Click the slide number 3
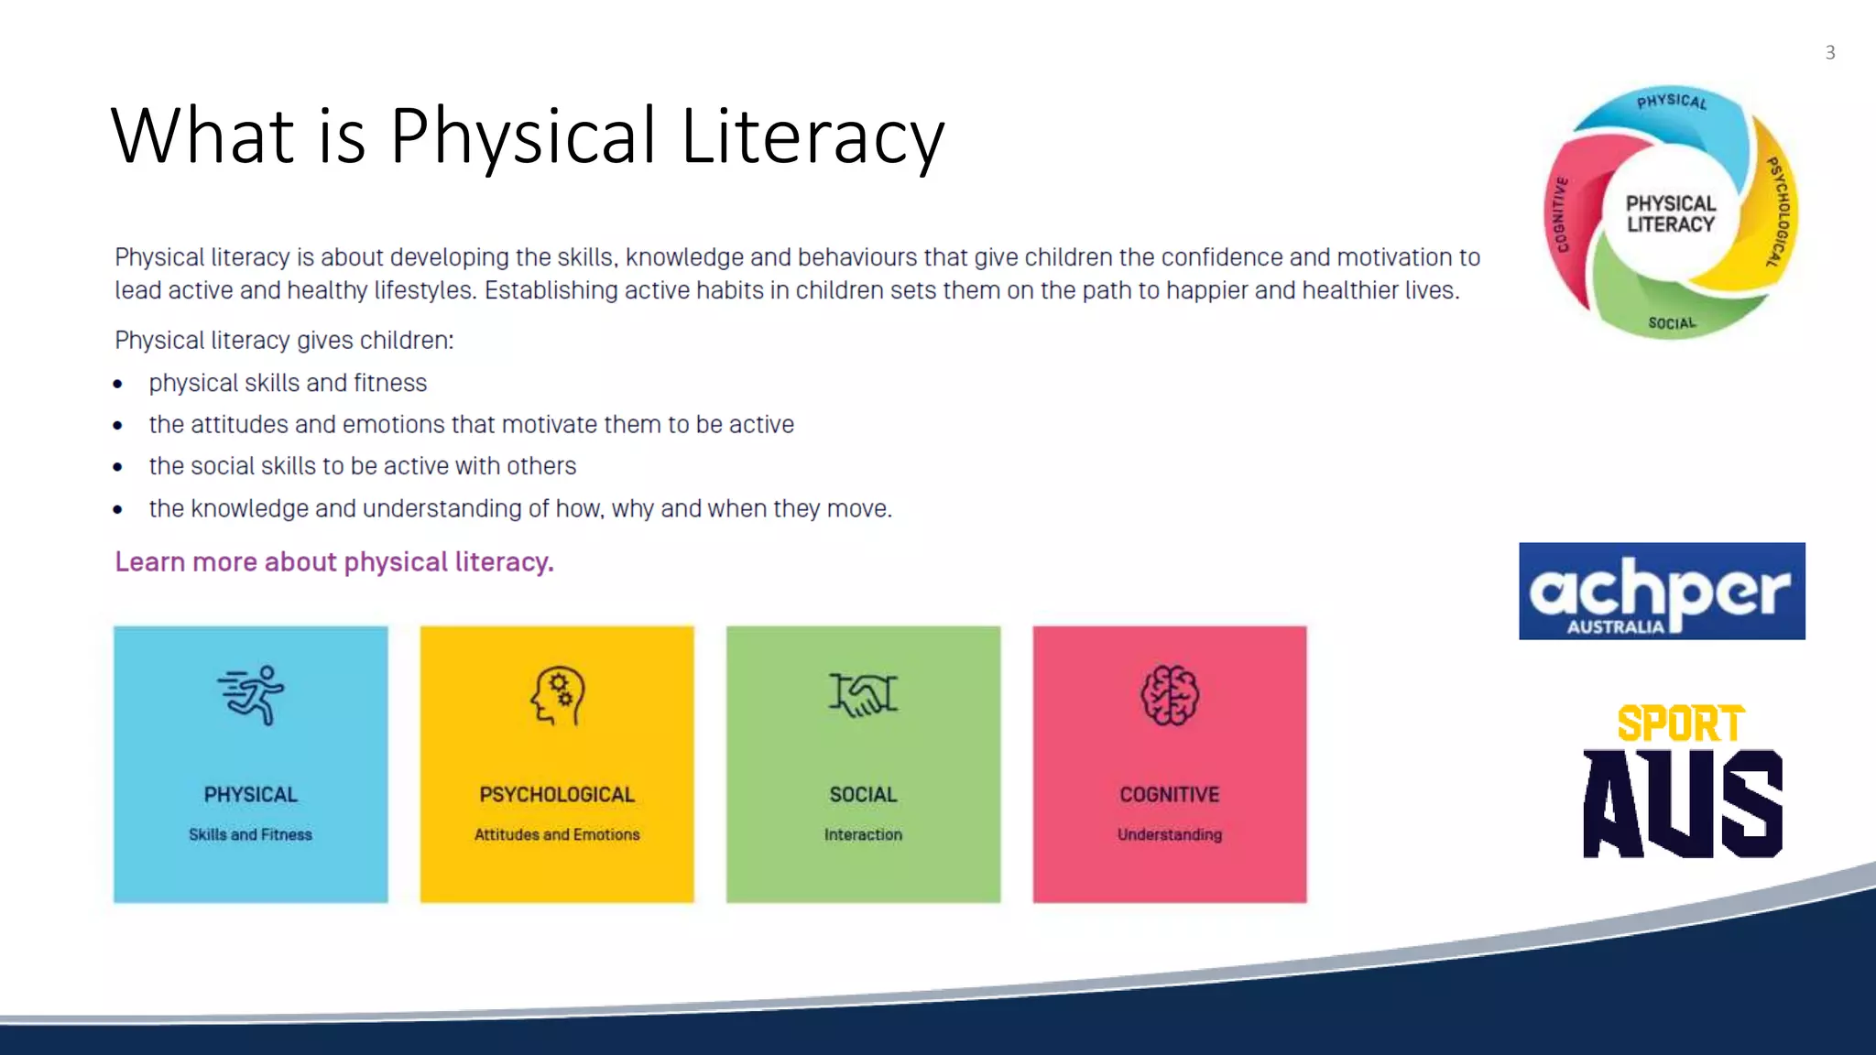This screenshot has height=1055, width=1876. [1829, 53]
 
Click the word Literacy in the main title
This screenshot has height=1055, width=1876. [812, 136]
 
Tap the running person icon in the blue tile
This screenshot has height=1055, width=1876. [251, 695]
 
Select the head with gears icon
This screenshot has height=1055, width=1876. [557, 695]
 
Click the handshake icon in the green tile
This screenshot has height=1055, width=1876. [863, 694]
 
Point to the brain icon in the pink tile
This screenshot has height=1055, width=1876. [1170, 695]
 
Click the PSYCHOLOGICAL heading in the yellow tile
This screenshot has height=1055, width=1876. [557, 794]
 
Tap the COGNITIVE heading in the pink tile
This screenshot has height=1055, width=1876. [1170, 794]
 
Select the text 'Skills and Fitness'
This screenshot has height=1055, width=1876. [250, 834]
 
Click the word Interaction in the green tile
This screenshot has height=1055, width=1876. [863, 834]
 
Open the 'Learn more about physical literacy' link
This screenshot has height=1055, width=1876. [334, 561]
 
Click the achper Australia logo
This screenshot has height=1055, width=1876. [1662, 591]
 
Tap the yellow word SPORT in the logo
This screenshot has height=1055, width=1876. [1681, 723]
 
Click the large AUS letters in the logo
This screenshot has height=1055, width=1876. [1683, 804]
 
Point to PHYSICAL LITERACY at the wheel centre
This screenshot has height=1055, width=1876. [1671, 213]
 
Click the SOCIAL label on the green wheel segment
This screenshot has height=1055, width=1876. [1672, 323]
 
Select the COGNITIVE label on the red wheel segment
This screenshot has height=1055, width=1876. [1562, 214]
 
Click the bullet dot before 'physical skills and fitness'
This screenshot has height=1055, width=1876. [118, 384]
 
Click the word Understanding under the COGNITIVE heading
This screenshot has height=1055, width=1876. [1170, 834]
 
